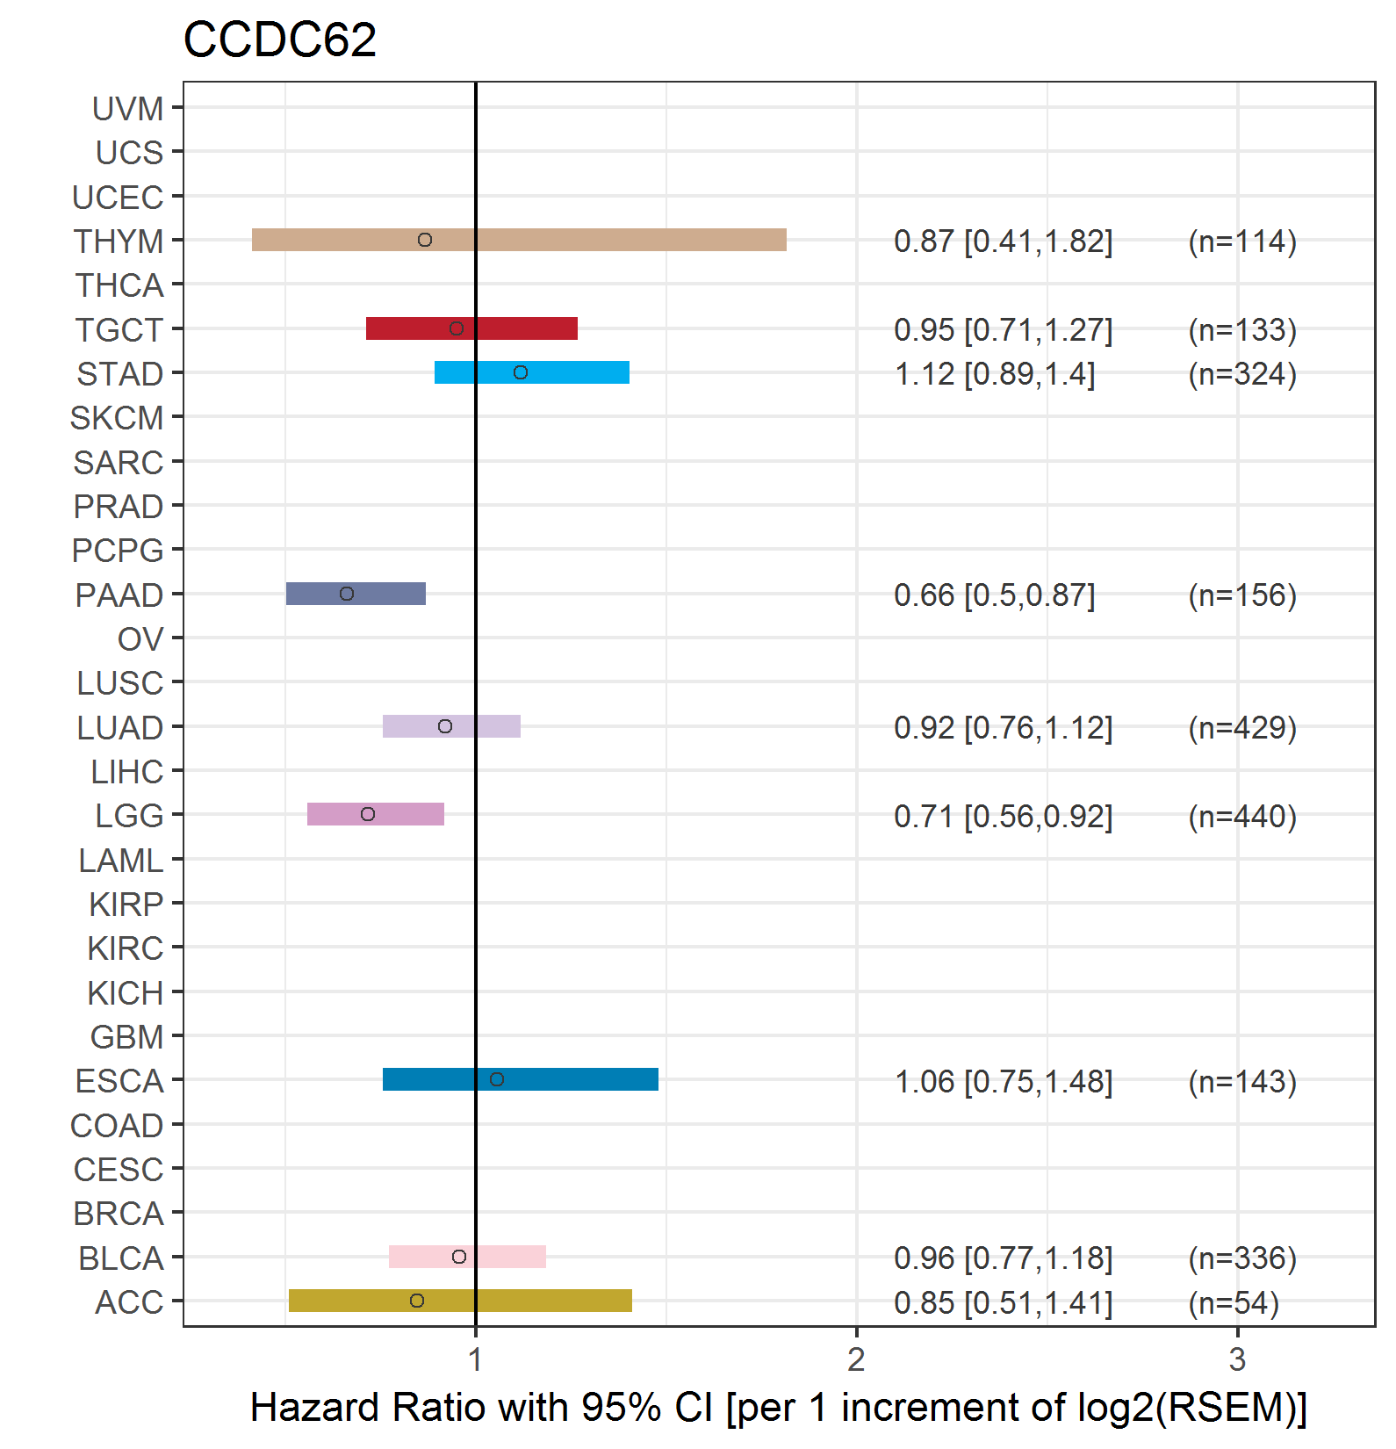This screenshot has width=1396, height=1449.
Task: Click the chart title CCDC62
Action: click(279, 40)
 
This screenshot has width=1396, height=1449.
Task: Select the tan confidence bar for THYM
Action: click(519, 240)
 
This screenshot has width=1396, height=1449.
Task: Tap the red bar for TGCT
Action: click(471, 328)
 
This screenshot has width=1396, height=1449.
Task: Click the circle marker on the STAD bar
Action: click(521, 372)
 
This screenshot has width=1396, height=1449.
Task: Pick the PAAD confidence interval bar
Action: click(356, 594)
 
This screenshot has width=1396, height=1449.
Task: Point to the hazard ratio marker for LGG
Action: click(368, 814)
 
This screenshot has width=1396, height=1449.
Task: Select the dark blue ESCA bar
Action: click(521, 1079)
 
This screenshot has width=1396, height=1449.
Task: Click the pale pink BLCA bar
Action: click(467, 1257)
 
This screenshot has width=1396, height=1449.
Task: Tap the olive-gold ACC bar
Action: click(460, 1301)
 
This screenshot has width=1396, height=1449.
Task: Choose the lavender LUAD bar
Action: click(451, 726)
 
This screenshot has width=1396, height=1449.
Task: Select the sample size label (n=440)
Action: click(1242, 816)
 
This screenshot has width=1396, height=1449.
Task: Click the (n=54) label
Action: click(1234, 1302)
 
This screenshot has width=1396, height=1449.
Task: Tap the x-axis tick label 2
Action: click(856, 1359)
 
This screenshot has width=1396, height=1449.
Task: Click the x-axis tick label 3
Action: click(1237, 1359)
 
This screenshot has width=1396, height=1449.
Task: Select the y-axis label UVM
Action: click(127, 109)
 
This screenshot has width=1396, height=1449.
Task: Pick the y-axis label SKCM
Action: click(117, 418)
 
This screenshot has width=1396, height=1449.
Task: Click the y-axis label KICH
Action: click(126, 993)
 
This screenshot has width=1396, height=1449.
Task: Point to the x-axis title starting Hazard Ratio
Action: click(779, 1407)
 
